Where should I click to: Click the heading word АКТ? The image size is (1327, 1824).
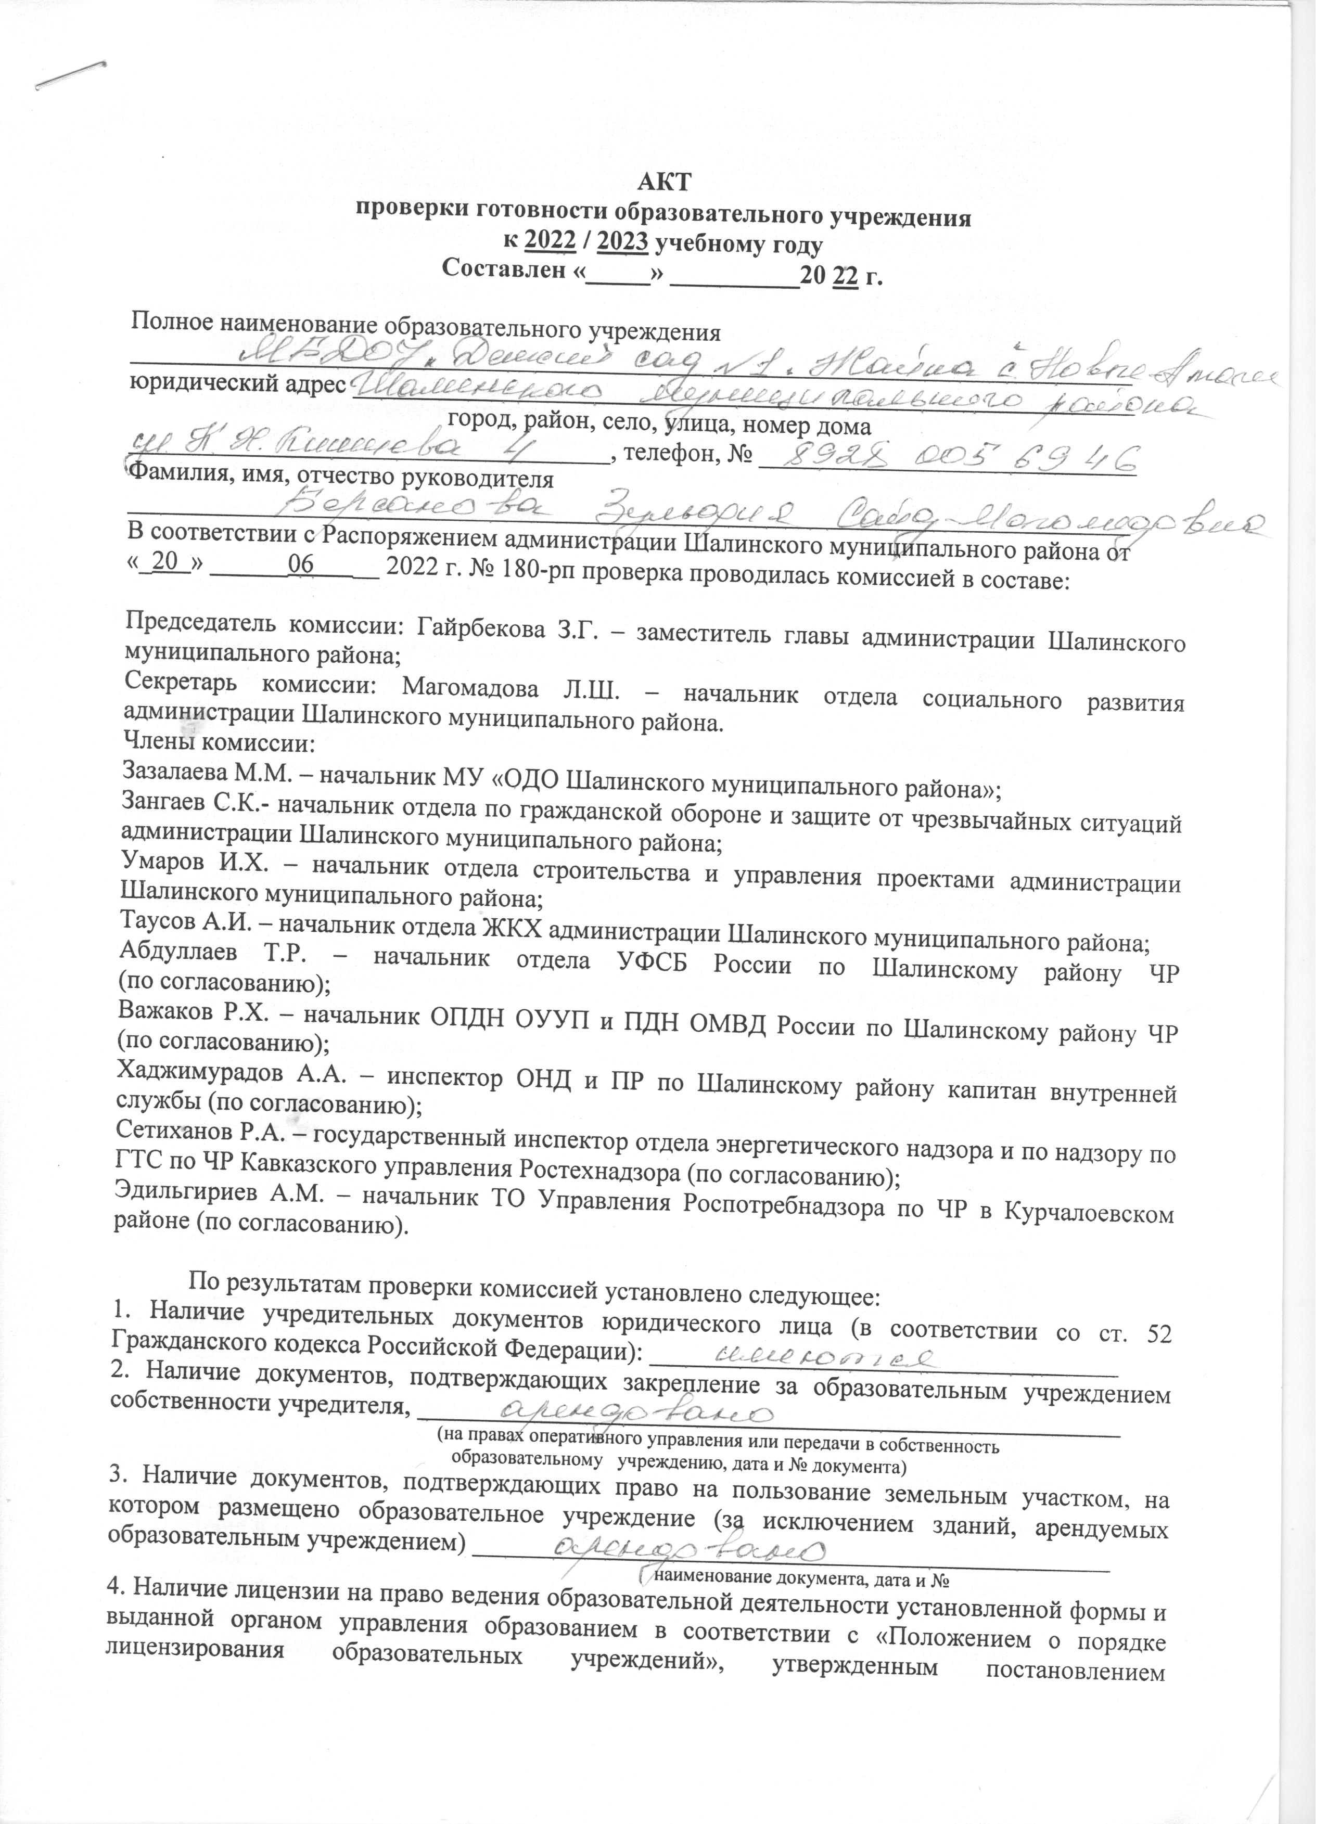click(x=663, y=183)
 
